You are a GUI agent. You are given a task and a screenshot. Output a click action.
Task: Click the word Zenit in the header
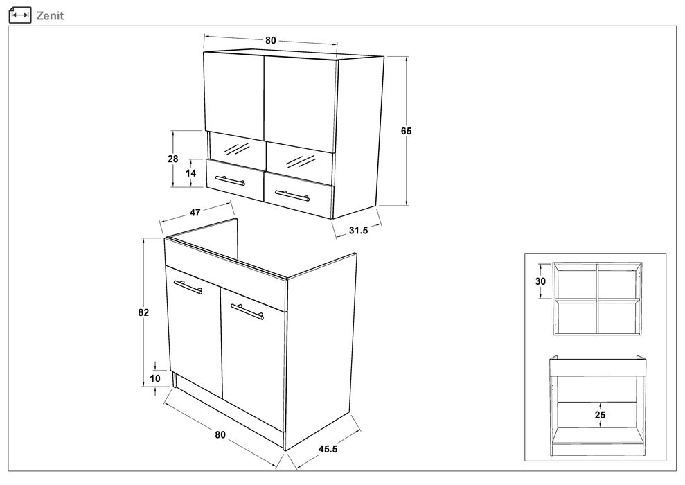click(x=50, y=16)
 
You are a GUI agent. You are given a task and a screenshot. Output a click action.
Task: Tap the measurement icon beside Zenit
click(x=20, y=15)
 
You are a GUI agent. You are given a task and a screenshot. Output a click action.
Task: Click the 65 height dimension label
click(x=407, y=131)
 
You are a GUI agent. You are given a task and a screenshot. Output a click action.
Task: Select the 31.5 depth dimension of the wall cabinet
click(x=358, y=230)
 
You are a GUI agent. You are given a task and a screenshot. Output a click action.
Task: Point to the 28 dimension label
click(x=173, y=159)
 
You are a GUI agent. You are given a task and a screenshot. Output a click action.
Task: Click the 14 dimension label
click(x=191, y=173)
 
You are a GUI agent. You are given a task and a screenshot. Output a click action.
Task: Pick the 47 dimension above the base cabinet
click(x=195, y=212)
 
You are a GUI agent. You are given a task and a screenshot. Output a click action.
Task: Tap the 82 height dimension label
click(x=143, y=312)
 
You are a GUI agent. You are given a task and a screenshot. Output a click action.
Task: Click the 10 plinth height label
click(x=155, y=378)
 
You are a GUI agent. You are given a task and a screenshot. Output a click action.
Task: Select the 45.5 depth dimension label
click(x=328, y=449)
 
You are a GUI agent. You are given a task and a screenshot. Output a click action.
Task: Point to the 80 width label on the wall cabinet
click(x=270, y=40)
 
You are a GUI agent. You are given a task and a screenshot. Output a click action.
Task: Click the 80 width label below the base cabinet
click(x=220, y=434)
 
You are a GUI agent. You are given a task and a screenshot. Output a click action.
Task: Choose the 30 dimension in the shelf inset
click(x=540, y=281)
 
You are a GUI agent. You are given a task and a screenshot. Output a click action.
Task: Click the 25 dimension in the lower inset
click(x=600, y=414)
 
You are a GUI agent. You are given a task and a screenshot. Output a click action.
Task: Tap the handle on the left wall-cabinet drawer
click(x=230, y=180)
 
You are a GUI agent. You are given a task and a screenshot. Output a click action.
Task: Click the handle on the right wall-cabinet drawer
click(x=292, y=195)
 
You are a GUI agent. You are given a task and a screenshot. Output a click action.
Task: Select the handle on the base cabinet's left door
click(x=188, y=287)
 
